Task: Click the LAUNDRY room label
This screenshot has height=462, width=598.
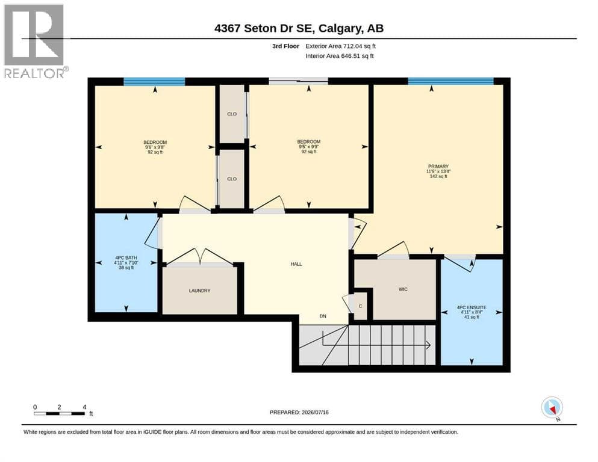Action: tap(199, 291)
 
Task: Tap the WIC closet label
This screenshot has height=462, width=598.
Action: tap(403, 289)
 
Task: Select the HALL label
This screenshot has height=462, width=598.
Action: tap(296, 264)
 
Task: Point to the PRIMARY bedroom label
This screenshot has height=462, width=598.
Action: tap(438, 167)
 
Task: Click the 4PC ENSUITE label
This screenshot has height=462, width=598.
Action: tap(472, 307)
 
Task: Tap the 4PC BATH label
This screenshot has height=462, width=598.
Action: tap(126, 258)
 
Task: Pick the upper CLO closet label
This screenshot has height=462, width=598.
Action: tap(232, 114)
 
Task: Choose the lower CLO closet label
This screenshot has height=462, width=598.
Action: tap(232, 179)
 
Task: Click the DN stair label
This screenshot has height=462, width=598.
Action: tap(323, 316)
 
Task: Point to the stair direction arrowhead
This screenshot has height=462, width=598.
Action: tap(428, 345)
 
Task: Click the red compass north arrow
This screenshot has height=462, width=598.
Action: tap(552, 409)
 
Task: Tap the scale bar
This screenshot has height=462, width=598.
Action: tap(59, 413)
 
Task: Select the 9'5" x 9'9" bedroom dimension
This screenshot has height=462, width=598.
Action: tap(308, 147)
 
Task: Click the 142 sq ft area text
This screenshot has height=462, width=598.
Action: tap(438, 176)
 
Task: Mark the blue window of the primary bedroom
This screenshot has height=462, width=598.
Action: tap(451, 81)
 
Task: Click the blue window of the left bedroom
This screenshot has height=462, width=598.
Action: tap(154, 81)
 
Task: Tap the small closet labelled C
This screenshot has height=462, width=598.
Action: tap(360, 306)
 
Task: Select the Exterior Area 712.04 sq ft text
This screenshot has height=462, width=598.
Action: tap(341, 46)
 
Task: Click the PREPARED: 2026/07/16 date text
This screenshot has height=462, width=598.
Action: tap(299, 412)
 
